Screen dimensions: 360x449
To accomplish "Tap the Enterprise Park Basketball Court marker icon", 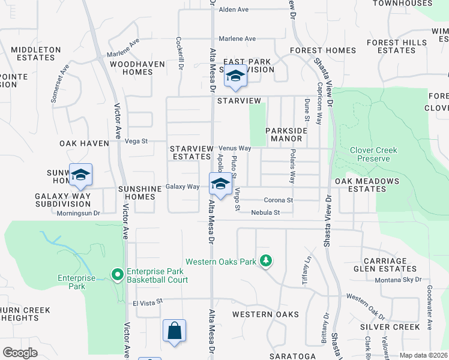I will pos(118,275).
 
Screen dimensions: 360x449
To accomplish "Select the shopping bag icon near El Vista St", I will pos(174,331).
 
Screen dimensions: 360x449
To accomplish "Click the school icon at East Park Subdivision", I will pos(236,77).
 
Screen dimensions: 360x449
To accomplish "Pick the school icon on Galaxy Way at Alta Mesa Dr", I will pos(220,184).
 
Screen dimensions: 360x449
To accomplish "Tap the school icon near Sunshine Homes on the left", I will pos(80,175).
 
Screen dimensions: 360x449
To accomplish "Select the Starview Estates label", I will pos(191,152).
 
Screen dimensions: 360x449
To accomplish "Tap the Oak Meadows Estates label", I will pos(367,185).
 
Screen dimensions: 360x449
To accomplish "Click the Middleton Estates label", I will pos(36,53).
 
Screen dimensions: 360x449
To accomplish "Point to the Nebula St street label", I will pos(266,212).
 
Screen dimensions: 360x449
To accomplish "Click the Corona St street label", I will pos(278,200).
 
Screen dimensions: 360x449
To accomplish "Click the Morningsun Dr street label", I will pos(79,212).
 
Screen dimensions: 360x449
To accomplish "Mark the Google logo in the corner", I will pos(20,353).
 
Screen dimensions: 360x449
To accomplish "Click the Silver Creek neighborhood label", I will pos(390,327).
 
